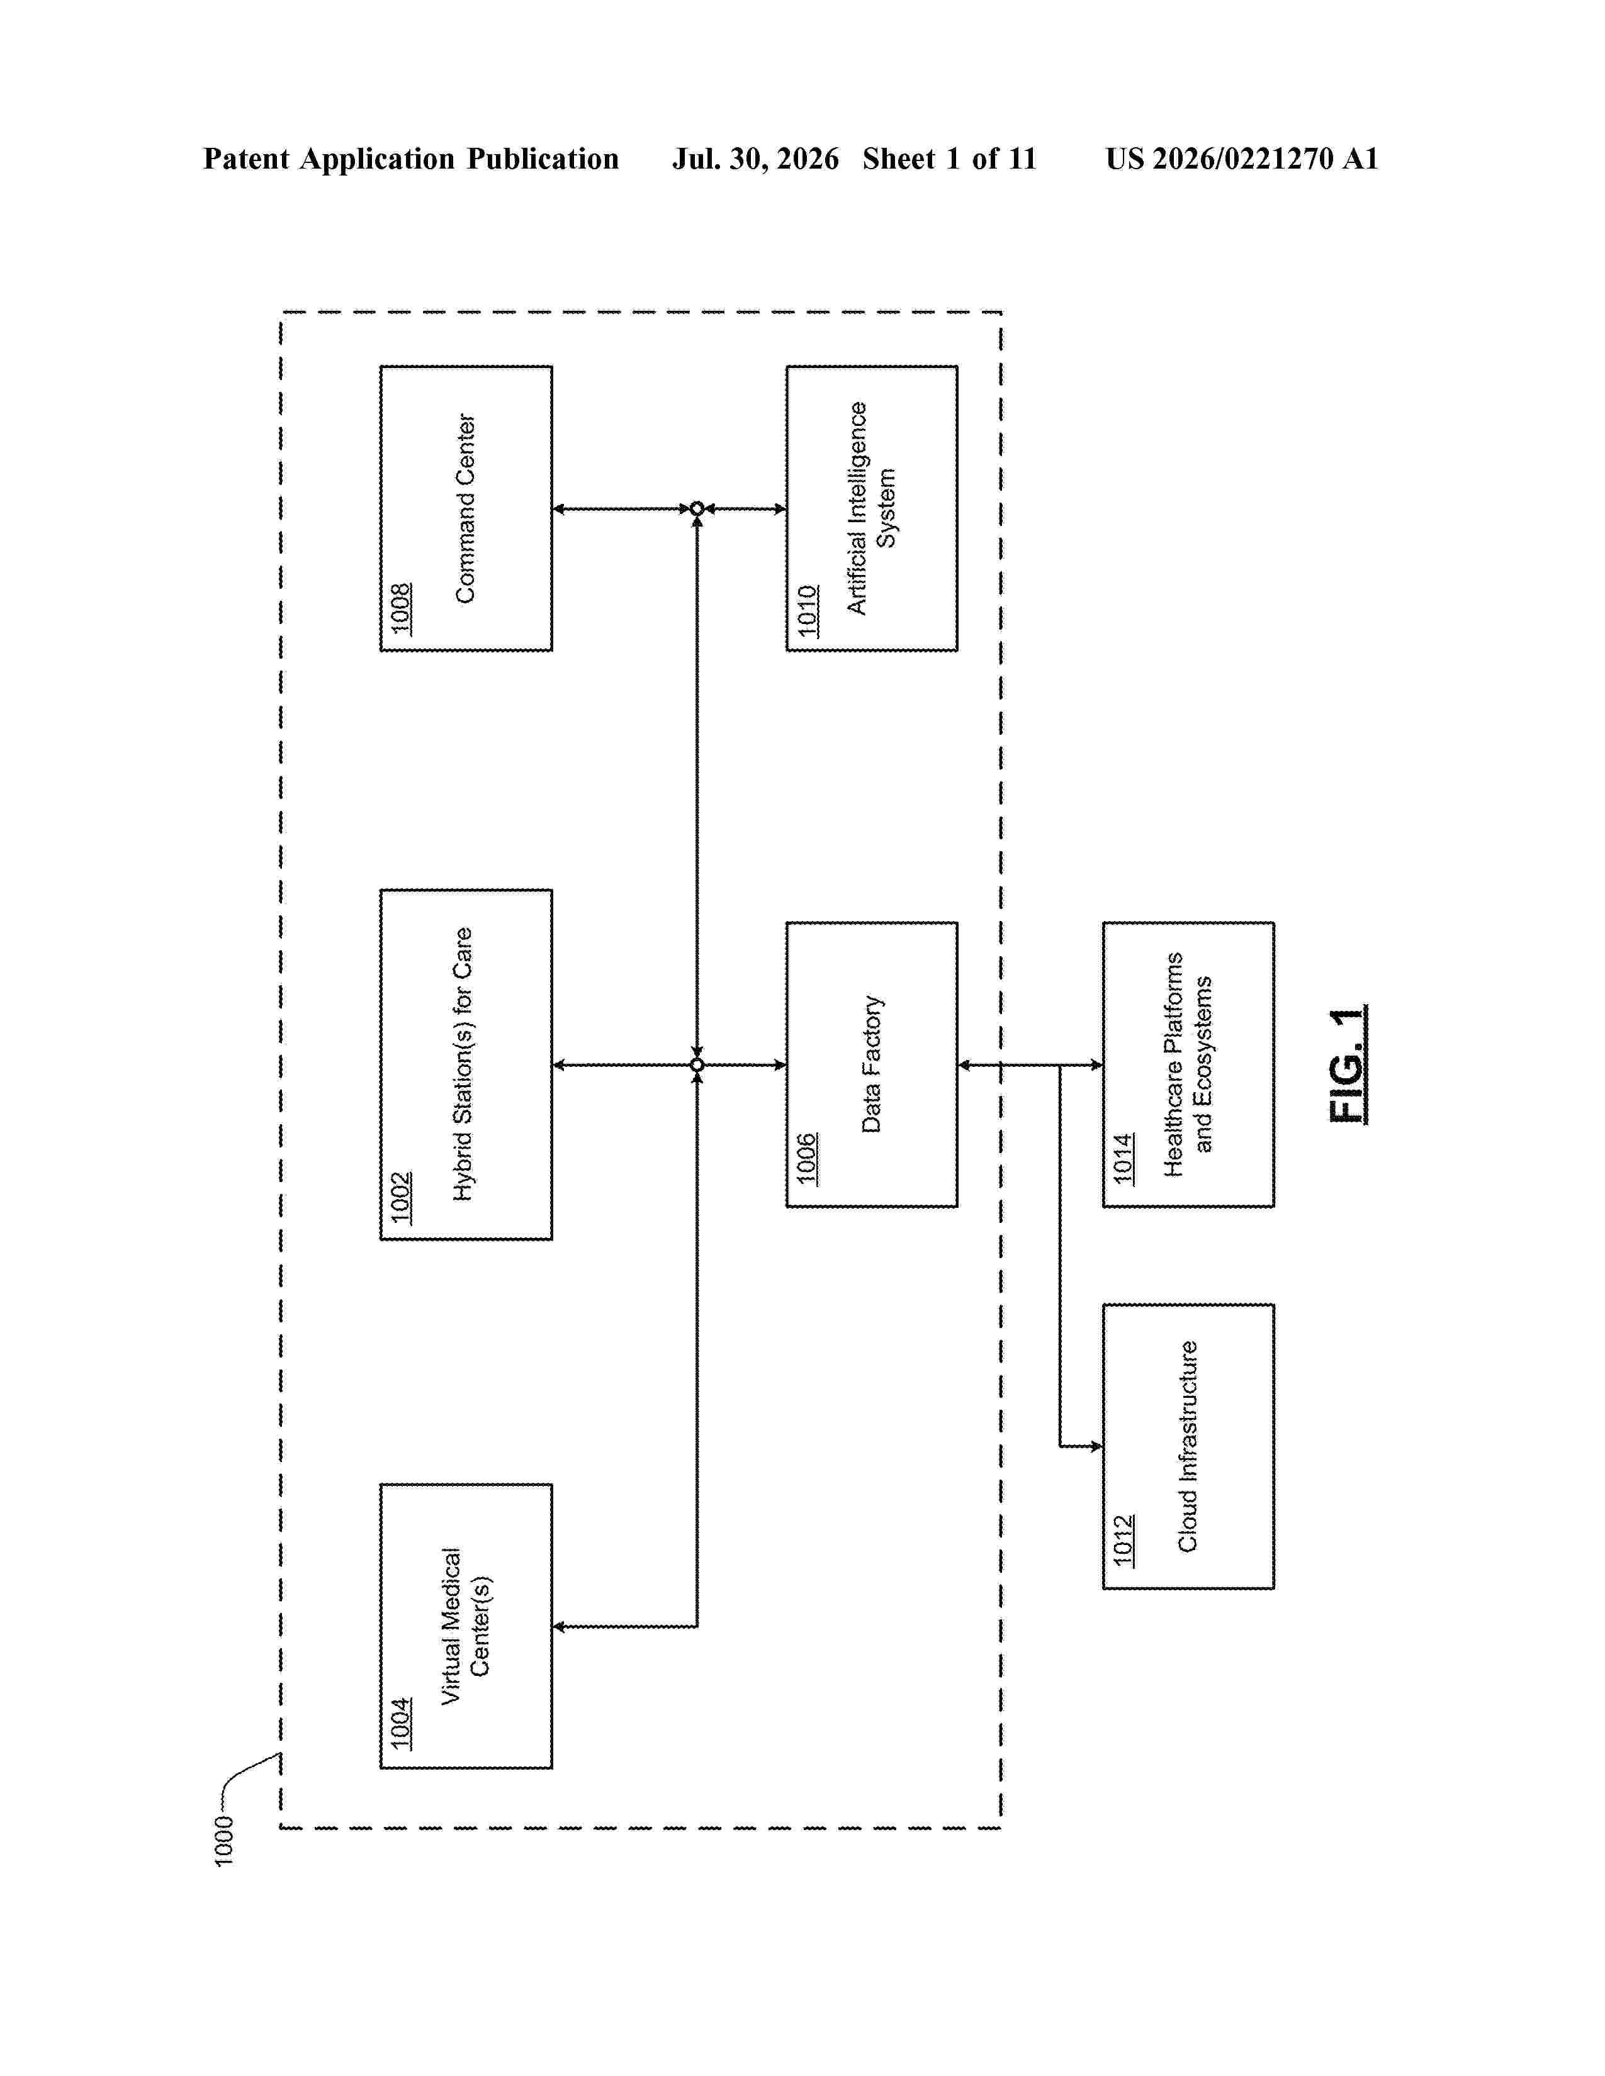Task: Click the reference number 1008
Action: pos(400,608)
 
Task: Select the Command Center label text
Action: pos(465,508)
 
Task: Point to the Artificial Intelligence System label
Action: pos(871,508)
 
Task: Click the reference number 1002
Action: pos(400,1198)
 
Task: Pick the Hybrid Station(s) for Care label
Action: pos(463,1064)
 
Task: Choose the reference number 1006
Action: pos(808,1159)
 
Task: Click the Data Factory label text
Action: pos(871,1064)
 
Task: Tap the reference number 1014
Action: pos(1124,1159)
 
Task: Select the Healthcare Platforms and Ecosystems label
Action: pos(1188,1064)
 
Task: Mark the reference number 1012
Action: pos(1124,1541)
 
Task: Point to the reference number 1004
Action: pos(400,1723)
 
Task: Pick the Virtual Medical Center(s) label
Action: pos(465,1626)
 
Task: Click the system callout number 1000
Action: pos(223,1841)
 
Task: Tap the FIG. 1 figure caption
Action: pos(1348,1064)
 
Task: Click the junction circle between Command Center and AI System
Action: pos(697,508)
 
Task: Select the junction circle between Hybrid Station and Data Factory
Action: pos(697,1064)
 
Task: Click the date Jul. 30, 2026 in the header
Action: pos(756,159)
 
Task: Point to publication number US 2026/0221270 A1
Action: pos(1242,159)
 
